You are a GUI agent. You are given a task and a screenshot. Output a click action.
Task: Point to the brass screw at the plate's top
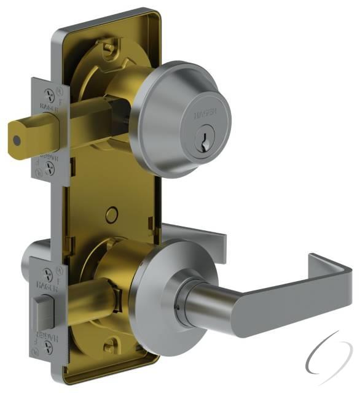[108, 46]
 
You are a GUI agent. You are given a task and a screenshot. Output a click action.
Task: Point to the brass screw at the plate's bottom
[112, 347]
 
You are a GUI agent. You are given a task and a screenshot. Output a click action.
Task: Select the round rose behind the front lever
[154, 289]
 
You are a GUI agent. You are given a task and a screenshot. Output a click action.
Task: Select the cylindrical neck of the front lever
[203, 301]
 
